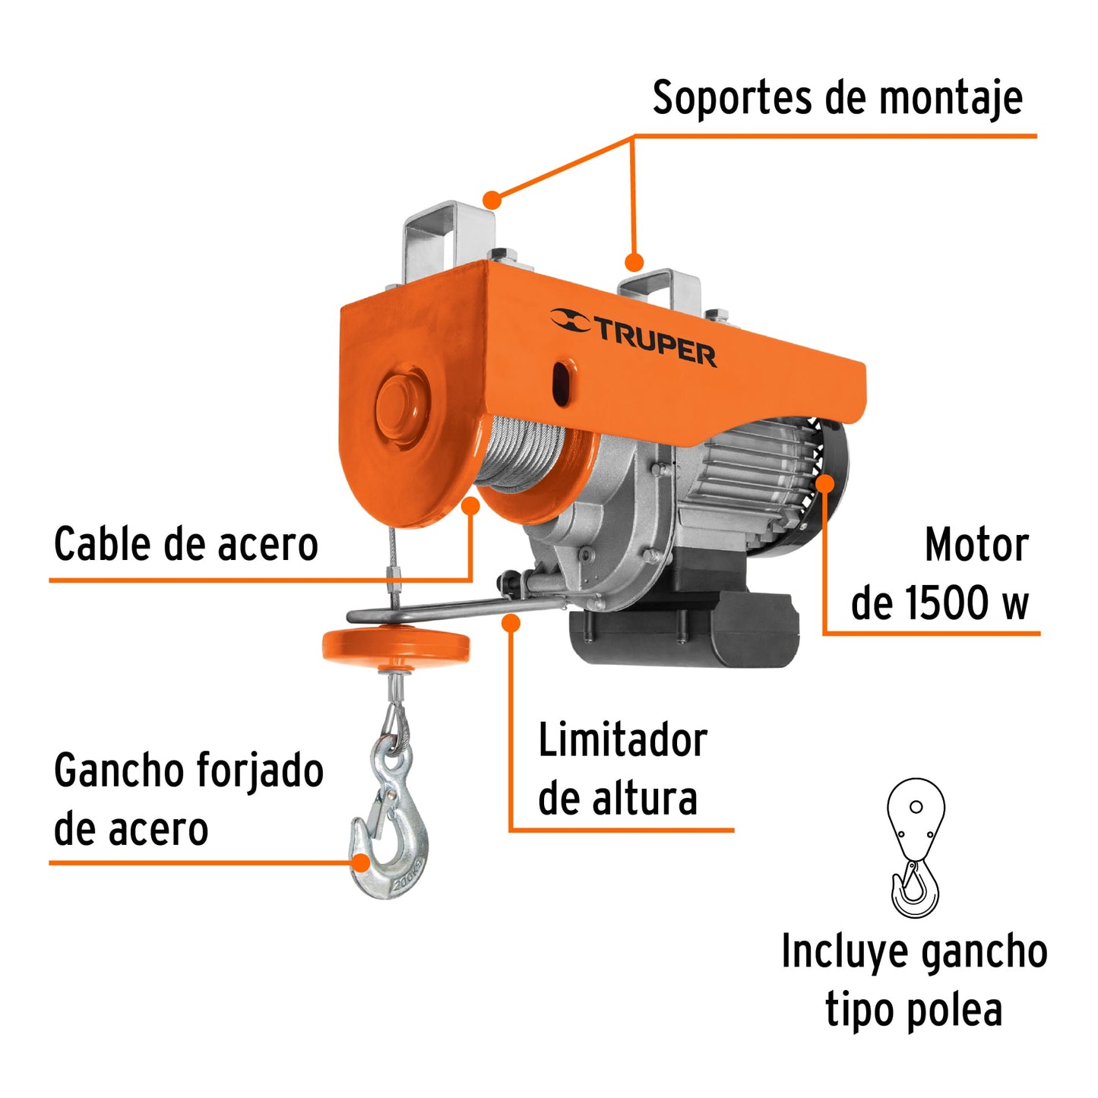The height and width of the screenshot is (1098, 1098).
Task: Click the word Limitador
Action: pos(622,741)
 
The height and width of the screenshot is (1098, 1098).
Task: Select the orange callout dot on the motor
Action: pos(825,483)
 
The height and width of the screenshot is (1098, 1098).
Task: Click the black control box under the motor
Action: pos(684,631)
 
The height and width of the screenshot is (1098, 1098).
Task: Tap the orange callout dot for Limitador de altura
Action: pos(511,623)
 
